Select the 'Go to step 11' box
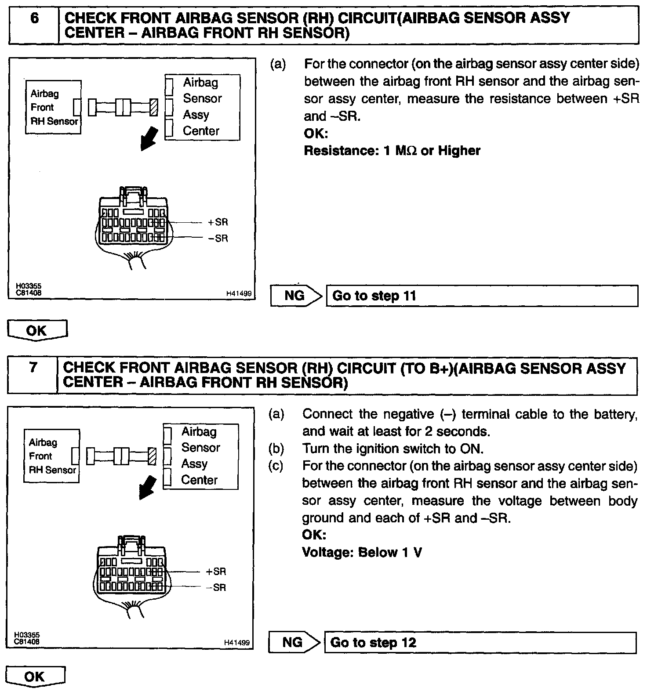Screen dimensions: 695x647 [482, 296]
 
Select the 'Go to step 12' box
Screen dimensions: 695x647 [480, 643]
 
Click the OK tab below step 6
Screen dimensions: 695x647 [37, 330]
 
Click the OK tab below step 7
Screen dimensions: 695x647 [35, 677]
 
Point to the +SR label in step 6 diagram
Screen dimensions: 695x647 [218, 222]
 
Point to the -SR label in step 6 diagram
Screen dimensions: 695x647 [218, 239]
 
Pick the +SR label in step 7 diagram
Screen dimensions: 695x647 [216, 572]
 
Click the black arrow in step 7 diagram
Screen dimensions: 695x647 [148, 488]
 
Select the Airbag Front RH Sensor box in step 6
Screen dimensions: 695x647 [53, 107]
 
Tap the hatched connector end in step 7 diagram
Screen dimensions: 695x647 [152, 456]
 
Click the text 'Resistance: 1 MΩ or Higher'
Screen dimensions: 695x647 [392, 151]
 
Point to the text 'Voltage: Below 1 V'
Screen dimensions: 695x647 [362, 552]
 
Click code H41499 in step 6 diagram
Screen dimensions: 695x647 [239, 293]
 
